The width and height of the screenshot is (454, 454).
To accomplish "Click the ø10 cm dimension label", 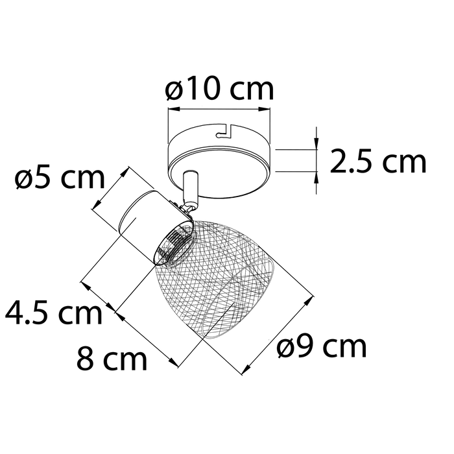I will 219,90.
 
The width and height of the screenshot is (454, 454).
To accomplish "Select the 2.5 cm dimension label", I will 378,161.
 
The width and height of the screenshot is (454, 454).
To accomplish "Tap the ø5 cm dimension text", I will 59,178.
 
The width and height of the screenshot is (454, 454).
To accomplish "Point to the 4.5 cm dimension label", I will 53,314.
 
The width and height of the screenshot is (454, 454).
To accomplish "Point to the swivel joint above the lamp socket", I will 188,206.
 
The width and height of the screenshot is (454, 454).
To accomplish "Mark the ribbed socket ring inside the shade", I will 173,244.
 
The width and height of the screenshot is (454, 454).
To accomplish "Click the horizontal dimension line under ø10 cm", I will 219,110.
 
